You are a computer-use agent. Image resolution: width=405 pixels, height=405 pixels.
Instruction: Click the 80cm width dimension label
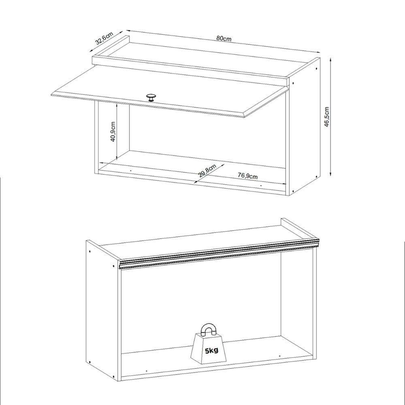point(224,38)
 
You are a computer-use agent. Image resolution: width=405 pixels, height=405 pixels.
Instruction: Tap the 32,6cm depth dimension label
point(103,37)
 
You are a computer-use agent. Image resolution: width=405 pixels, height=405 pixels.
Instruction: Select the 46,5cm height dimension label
point(327,117)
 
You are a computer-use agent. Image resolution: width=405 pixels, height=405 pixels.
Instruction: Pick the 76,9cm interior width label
point(247,176)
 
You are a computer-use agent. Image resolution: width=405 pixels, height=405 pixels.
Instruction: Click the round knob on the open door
point(151,98)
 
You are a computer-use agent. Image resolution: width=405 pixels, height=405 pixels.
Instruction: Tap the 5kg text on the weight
point(211,351)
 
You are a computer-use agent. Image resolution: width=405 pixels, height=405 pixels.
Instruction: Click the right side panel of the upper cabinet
point(306,126)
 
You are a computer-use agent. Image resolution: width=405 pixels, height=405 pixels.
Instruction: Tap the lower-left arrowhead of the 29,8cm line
point(196,182)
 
